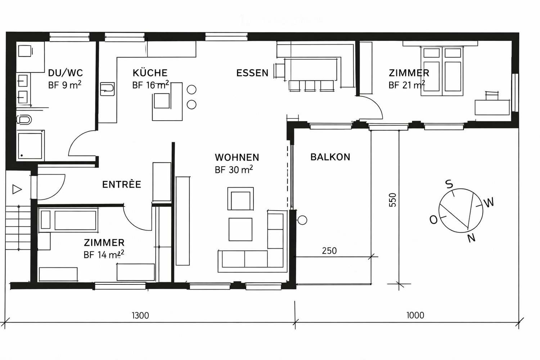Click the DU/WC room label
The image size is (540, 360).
tap(65, 73)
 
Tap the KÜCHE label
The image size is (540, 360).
tap(150, 73)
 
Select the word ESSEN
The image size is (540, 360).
tap(252, 73)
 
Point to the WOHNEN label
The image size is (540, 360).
tap(237, 157)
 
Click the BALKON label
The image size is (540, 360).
tap(330, 157)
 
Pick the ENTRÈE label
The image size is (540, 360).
tap(122, 185)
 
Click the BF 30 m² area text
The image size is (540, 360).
tap(234, 170)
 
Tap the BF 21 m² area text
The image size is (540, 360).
tap(406, 85)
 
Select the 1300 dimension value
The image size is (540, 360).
tap(140, 316)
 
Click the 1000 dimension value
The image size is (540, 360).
tap(415, 315)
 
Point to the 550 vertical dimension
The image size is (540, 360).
tap(393, 200)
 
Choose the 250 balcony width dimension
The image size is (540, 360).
tap(329, 251)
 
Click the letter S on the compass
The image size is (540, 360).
tap(449, 184)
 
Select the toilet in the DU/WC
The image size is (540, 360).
tap(24, 120)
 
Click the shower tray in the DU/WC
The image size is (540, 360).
tap(31, 145)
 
